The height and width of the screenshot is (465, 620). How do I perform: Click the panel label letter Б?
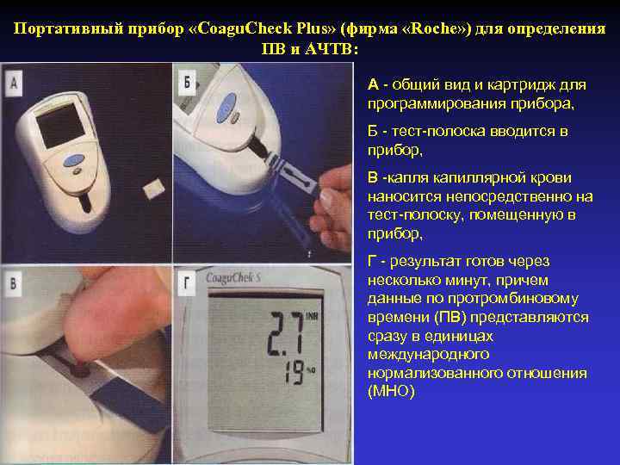click(x=189, y=83)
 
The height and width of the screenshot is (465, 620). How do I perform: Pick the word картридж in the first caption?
click(x=524, y=85)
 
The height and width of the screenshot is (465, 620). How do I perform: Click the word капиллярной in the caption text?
click(x=475, y=178)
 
